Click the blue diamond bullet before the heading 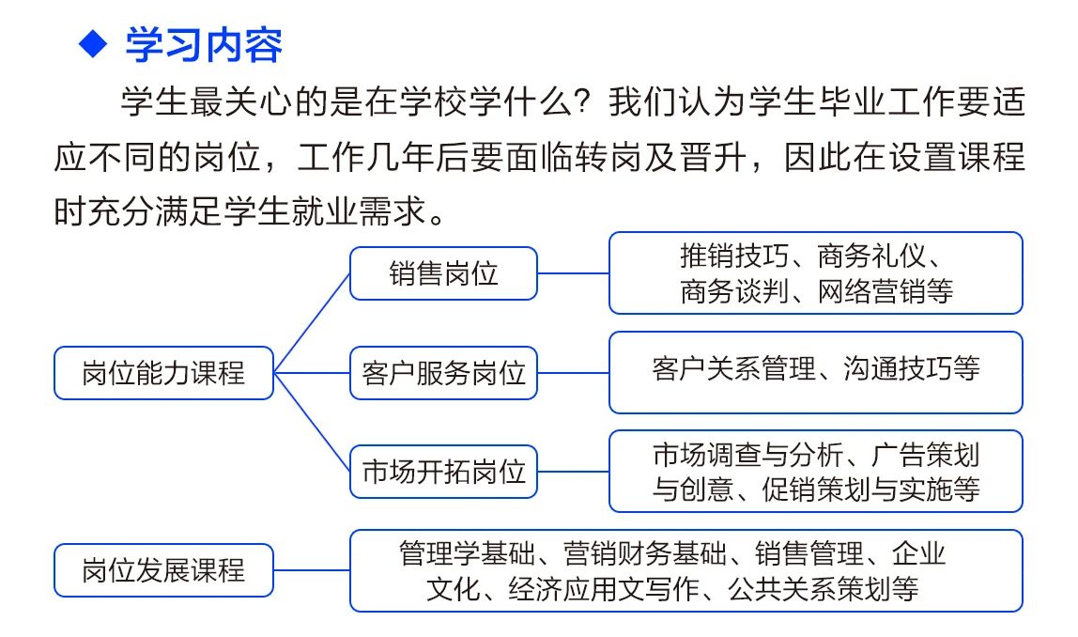[94, 44]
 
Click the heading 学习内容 [204, 45]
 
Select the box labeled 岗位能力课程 [163, 373]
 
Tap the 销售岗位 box [443, 273]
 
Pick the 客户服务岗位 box [443, 373]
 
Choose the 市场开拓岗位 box [443, 472]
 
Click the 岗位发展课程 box [163, 570]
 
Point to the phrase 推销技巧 [734, 256]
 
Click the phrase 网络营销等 [885, 291]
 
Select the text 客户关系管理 [733, 368]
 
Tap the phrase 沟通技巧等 [912, 368]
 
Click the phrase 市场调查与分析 [748, 455]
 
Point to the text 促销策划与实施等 [871, 489]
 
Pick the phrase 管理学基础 [467, 553]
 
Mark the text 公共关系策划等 [824, 589]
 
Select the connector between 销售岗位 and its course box [574, 273]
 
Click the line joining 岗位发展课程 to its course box [312, 570]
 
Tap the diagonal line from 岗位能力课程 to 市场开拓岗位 [312, 423]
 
